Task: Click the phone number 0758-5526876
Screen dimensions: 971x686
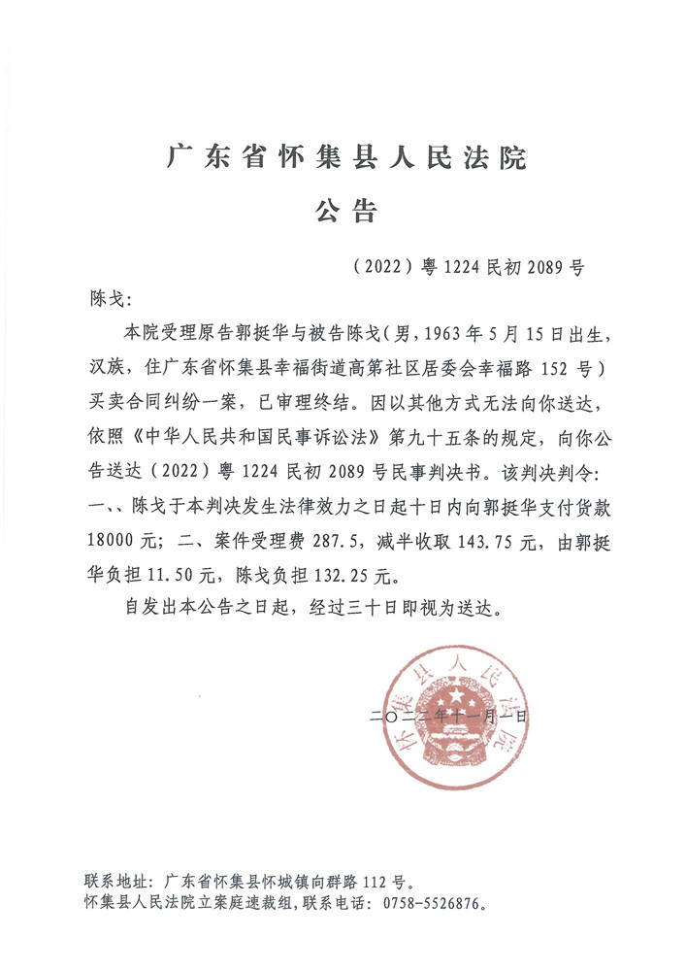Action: tap(426, 903)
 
